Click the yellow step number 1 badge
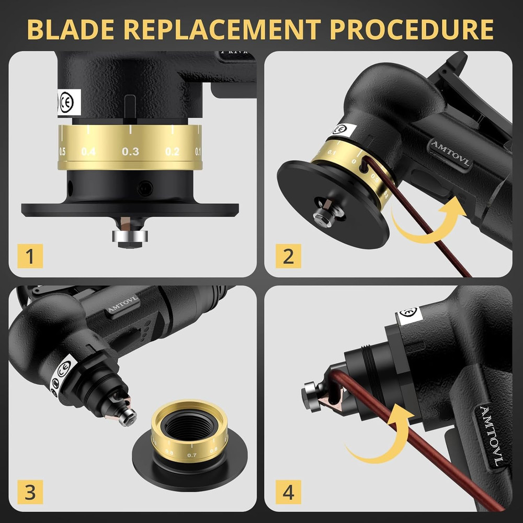30,256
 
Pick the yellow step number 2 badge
288,256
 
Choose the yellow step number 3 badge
30,491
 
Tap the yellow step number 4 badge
288,491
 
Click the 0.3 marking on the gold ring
130,152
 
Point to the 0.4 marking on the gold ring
88,152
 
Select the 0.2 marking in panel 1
172,152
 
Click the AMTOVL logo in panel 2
449,154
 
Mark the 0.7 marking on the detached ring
191,455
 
